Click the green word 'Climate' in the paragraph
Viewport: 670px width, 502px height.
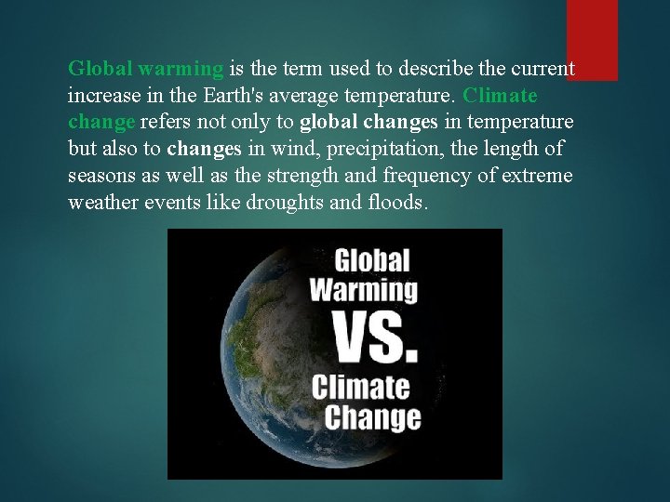point(500,97)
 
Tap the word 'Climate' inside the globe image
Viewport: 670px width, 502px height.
point(361,385)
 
